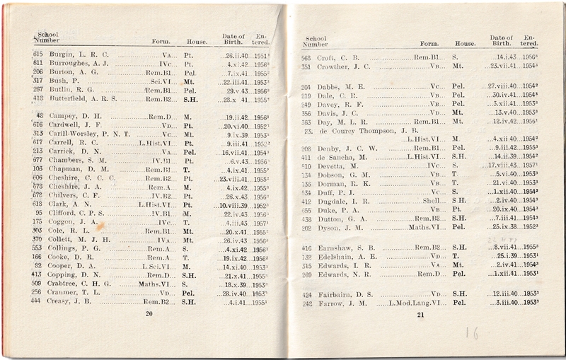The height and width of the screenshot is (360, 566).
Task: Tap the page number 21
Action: click(420, 315)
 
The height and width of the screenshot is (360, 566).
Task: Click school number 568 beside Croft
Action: click(306, 58)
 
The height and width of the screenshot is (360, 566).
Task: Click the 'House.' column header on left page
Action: click(197, 42)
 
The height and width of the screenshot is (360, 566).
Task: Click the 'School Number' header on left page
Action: click(48, 37)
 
